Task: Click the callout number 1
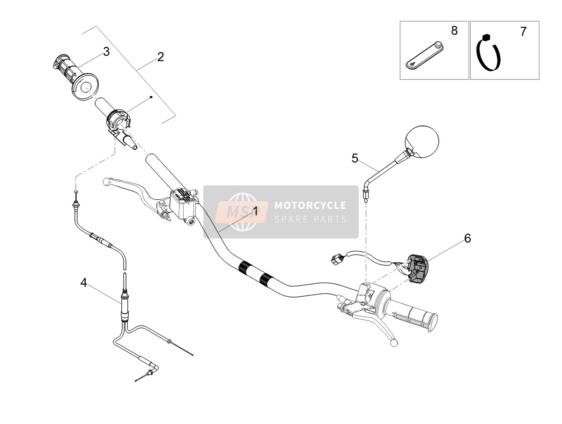(255, 212)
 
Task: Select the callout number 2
(161, 57)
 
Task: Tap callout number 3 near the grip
(106, 51)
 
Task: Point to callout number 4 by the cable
(84, 283)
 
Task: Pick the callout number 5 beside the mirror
(355, 158)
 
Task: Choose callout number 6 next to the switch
(467, 238)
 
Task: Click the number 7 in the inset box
(523, 32)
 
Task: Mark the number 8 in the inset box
(454, 30)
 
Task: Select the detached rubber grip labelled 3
(75, 77)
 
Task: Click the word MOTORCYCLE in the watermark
(311, 205)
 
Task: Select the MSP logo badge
(242, 212)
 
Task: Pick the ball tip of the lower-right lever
(394, 343)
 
